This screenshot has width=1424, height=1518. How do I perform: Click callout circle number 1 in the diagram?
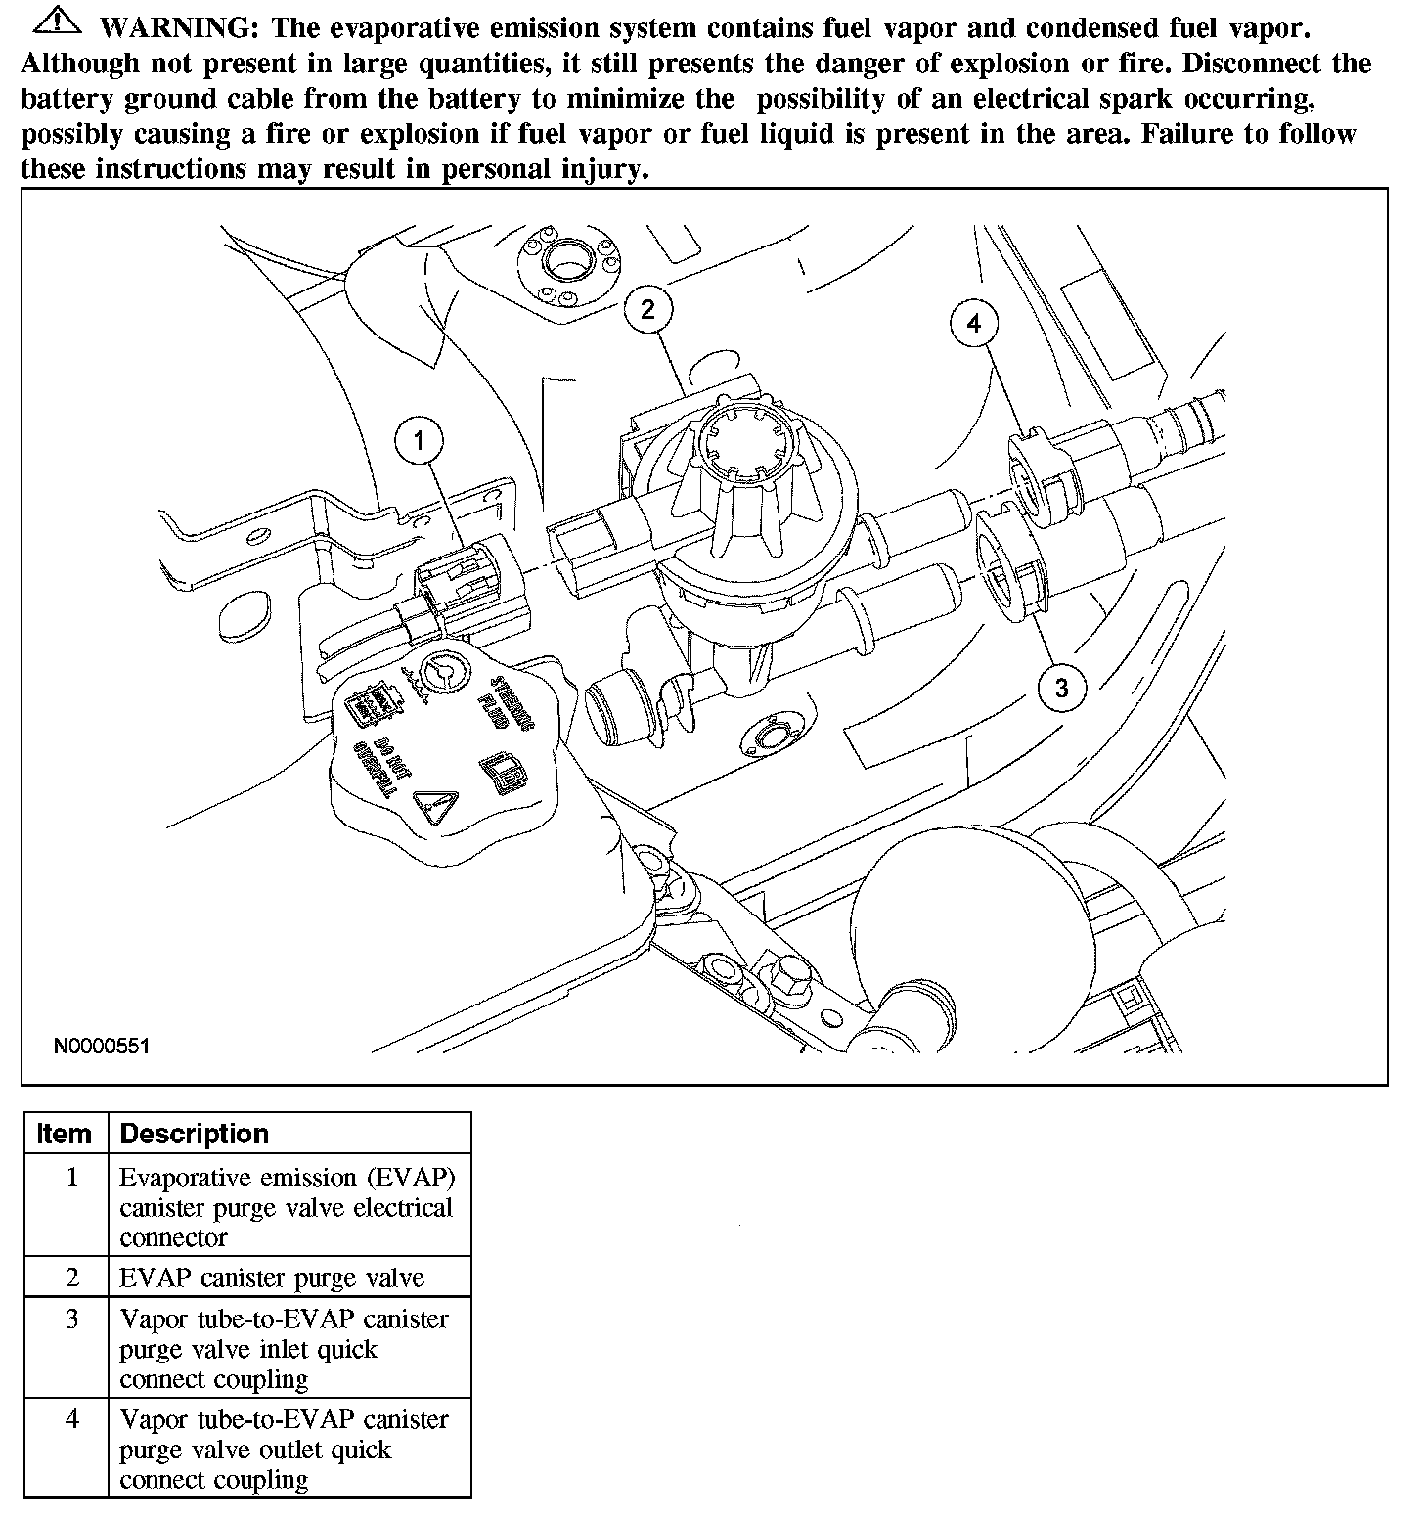pyautogui.click(x=419, y=441)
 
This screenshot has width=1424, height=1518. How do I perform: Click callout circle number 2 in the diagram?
pyautogui.click(x=647, y=309)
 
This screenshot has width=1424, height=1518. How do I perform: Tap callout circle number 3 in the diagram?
pyautogui.click(x=1061, y=688)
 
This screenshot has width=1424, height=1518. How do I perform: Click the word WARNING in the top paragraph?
pyautogui.click(x=183, y=28)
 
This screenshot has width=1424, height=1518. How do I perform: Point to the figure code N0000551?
pyautogui.click(x=102, y=1047)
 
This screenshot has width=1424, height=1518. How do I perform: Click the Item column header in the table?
pyautogui.click(x=65, y=1134)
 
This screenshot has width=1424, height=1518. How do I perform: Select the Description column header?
pyautogui.click(x=194, y=1134)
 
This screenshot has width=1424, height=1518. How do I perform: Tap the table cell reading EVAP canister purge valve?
pyautogui.click(x=272, y=1277)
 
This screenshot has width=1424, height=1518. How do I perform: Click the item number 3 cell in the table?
pyautogui.click(x=72, y=1319)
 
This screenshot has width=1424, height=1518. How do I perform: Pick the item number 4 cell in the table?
pyautogui.click(x=72, y=1419)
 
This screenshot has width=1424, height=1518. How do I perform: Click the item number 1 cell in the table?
pyautogui.click(x=72, y=1177)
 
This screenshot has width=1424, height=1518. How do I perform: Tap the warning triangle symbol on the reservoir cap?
pyautogui.click(x=431, y=807)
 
